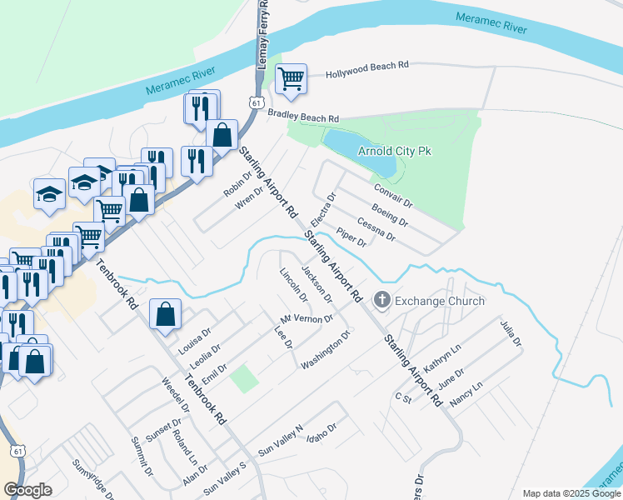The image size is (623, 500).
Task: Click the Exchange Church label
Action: (x=439, y=300)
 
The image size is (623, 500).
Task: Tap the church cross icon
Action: (x=383, y=299)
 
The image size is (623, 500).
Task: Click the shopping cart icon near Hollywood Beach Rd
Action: (x=291, y=79)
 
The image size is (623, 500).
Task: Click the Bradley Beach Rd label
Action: (x=303, y=118)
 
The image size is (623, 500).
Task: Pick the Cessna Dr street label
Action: (x=376, y=227)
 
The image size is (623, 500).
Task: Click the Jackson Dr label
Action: (x=317, y=283)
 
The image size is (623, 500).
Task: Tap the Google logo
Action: (x=27, y=490)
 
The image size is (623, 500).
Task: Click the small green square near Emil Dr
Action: (x=243, y=378)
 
